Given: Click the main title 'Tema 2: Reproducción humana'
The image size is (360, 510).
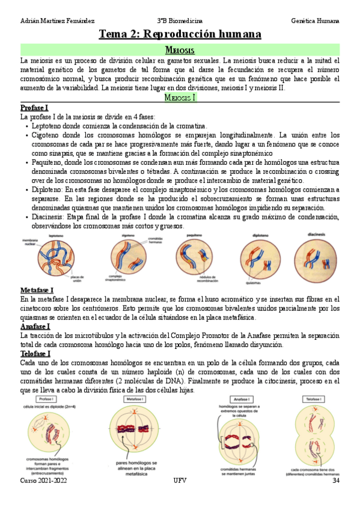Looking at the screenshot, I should [x=180, y=34].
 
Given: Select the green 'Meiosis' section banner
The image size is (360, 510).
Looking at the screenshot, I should [x=180, y=51].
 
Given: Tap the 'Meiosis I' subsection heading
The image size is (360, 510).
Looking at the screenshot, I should [x=180, y=97].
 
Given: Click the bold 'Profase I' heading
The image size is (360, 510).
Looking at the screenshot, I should [x=34, y=107].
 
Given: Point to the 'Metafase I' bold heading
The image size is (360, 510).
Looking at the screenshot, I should [x=37, y=290].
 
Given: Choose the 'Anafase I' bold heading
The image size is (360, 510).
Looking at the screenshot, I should [x=35, y=327].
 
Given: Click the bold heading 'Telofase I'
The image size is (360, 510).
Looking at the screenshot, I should [x=35, y=354].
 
